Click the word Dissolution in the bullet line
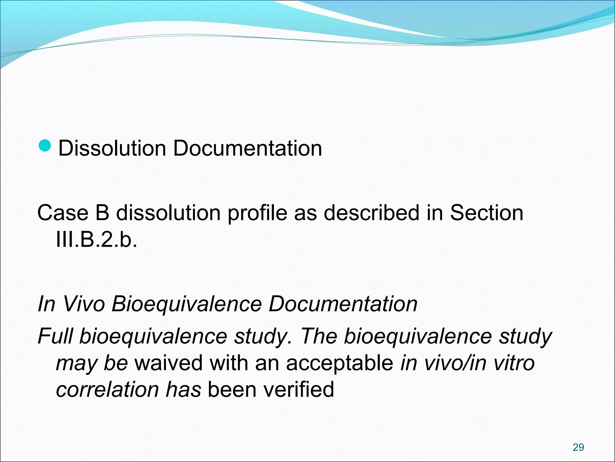click(112, 148)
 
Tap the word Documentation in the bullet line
click(247, 148)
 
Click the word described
click(371, 213)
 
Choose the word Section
click(486, 213)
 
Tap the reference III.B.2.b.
click(96, 240)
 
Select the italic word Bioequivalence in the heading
click(186, 304)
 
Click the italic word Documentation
click(343, 304)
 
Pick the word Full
click(55, 336)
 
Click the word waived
click(168, 363)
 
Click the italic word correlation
click(108, 390)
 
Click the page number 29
click(578, 447)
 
